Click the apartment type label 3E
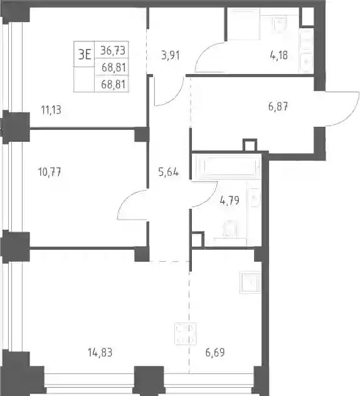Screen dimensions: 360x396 tap(84, 55)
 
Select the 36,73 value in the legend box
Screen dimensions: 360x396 tap(113, 50)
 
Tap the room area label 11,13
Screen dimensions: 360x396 tap(51, 110)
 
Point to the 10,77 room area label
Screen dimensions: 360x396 tap(50, 172)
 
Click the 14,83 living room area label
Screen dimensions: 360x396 tap(100, 352)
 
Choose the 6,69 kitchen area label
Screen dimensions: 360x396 tap(215, 352)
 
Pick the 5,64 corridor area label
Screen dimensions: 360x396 tap(168, 172)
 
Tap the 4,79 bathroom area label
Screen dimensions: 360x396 tap(230, 201)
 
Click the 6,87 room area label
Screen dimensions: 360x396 tap(278, 106)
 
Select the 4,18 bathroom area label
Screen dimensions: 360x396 tap(278, 55)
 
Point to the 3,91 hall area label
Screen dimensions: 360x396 tap(171, 55)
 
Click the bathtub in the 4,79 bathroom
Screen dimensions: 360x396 tap(229, 167)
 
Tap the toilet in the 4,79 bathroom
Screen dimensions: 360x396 tap(230, 229)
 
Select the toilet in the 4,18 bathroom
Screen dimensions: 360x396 tap(280, 24)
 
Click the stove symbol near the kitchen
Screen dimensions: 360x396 tap(185, 334)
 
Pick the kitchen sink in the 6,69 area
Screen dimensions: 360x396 tap(250, 282)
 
